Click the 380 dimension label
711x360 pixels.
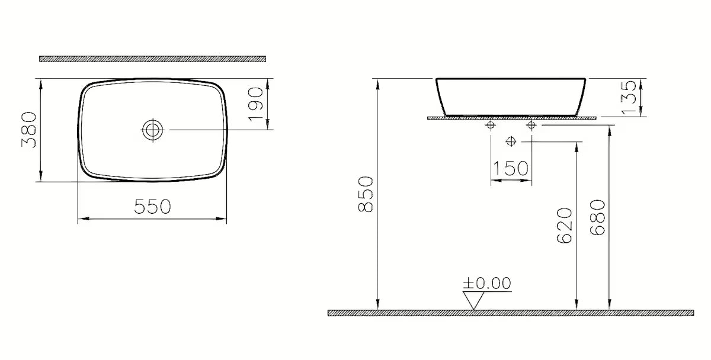(29, 130)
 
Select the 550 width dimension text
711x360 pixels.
(152, 207)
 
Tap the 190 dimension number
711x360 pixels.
(255, 104)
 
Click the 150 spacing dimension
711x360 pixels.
(511, 169)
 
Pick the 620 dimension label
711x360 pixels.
(564, 226)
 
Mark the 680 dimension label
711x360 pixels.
(597, 217)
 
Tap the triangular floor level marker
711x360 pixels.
(473, 300)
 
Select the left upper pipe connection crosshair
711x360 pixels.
(491, 126)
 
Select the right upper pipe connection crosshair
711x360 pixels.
(531, 126)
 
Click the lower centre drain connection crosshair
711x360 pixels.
(511, 141)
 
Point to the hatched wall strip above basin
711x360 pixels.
(152, 59)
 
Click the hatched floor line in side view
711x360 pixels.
(510, 313)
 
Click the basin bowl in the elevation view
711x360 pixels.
(511, 96)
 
